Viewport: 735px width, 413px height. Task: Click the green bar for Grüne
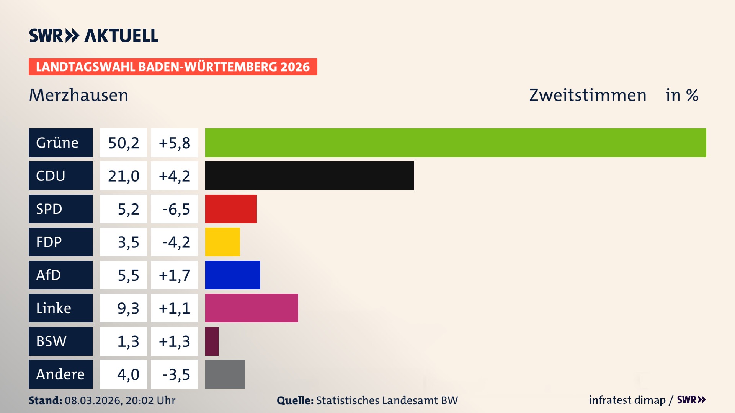456,143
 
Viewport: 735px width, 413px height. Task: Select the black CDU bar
309,176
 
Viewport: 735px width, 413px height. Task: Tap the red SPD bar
231,209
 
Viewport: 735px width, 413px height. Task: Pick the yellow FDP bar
222,242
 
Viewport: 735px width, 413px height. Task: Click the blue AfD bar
232,275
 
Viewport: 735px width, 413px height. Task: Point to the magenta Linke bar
252,308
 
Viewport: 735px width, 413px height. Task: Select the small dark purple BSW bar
212,341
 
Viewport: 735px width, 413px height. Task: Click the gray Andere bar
225,374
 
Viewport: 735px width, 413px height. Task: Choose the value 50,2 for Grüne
123,143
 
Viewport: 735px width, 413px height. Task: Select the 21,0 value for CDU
123,176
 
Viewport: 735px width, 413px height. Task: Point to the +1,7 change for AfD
175,275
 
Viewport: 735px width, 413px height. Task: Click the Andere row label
60,374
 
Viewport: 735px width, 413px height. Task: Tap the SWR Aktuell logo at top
94,36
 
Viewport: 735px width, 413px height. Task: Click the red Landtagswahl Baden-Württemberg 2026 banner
173,67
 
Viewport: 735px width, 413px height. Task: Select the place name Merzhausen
78,95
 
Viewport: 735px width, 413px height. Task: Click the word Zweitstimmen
588,95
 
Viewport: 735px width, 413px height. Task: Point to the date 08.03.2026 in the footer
93,400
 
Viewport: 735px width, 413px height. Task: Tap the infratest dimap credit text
627,400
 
